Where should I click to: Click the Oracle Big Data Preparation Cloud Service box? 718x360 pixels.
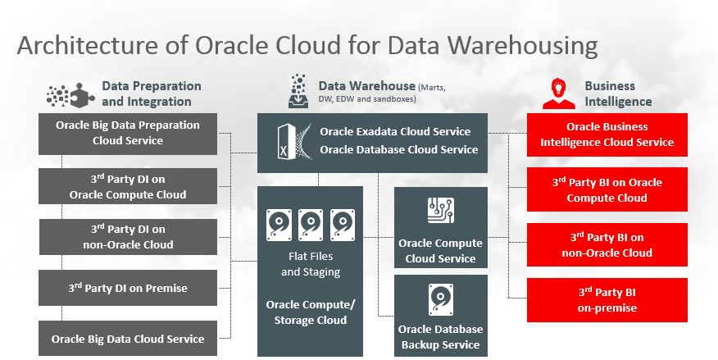128,133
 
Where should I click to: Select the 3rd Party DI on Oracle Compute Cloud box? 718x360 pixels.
128,187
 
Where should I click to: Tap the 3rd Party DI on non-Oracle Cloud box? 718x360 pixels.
128,237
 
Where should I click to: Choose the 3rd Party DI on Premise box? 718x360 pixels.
128,288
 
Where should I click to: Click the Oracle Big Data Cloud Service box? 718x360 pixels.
128,338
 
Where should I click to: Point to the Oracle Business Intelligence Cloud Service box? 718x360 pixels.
607,134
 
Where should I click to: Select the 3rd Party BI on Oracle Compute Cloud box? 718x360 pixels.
607,189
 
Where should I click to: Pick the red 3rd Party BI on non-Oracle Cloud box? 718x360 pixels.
607,244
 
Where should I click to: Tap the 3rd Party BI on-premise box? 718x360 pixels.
607,300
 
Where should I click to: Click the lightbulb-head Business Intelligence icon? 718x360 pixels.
558,92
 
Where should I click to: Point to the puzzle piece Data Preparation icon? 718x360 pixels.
66,96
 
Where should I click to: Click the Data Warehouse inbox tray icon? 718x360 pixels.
298,89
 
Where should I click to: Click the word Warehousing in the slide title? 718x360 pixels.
516,44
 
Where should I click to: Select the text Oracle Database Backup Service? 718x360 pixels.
441,337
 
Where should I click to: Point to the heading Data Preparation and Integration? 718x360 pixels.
151,93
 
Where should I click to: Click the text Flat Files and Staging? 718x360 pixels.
310,264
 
